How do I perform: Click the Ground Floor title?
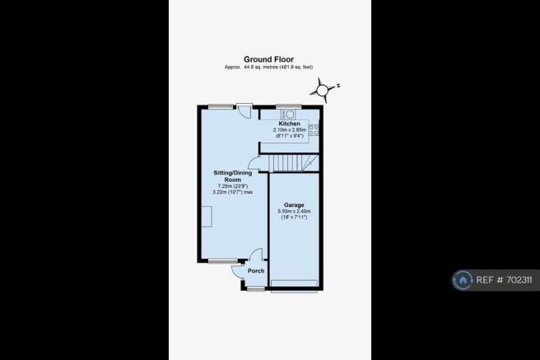pos(268,59)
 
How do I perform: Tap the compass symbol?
pos(324,90)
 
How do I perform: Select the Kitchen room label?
pos(289,124)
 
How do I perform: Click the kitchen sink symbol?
pos(289,115)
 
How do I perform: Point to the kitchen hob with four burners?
pos(314,130)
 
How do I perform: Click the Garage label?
pos(294,205)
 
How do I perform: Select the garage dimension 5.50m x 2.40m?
pos(294,211)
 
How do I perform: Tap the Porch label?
pos(256,271)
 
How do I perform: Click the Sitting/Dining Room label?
pos(233,176)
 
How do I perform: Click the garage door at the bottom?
pos(294,283)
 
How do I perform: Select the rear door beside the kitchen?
pos(244,110)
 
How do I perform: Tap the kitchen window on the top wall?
pos(289,107)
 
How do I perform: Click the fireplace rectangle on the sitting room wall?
pos(207,217)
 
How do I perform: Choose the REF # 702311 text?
pos(504,280)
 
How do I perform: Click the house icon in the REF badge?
pos(463,280)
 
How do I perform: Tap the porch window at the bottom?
pos(256,288)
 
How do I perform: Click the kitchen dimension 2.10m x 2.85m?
pos(289,130)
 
